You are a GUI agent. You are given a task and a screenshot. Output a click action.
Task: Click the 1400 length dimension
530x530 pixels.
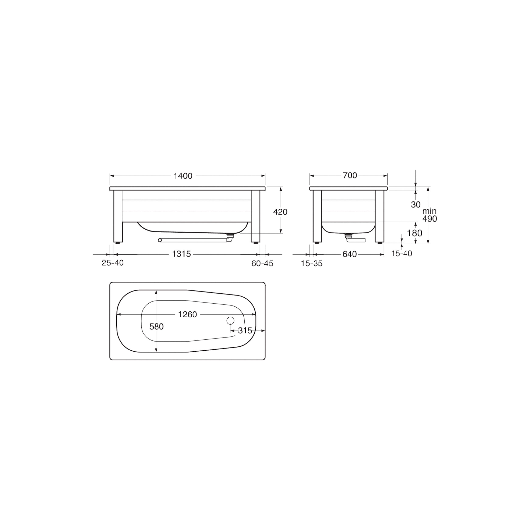pyautogui.click(x=183, y=176)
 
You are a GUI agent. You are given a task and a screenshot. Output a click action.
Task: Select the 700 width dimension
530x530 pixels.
pyautogui.click(x=350, y=175)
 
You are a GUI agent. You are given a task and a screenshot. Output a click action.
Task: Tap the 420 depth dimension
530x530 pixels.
pyautogui.click(x=280, y=212)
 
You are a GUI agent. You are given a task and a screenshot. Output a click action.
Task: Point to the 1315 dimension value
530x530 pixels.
pyautogui.click(x=181, y=254)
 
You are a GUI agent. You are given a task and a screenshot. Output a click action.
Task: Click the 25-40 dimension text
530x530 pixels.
pyautogui.click(x=113, y=263)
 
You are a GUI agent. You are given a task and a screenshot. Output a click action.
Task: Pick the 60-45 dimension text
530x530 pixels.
pyautogui.click(x=262, y=263)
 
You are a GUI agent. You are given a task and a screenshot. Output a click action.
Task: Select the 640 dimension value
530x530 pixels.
pyautogui.click(x=350, y=254)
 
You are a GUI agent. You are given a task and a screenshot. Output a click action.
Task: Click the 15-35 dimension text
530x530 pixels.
pyautogui.click(x=312, y=264)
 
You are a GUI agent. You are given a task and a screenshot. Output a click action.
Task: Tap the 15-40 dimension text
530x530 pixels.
pyautogui.click(x=402, y=254)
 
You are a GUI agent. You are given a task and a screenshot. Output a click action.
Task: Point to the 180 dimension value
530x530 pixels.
pyautogui.click(x=414, y=233)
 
